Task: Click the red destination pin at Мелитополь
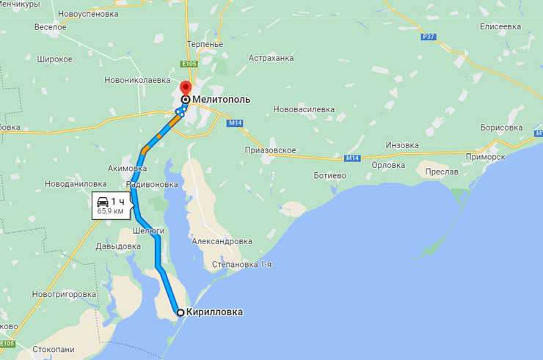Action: [x=186, y=90]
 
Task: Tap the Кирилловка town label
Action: [x=214, y=312]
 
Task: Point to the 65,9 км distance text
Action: [x=110, y=211]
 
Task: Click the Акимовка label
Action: [x=128, y=168]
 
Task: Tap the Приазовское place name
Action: [x=270, y=150]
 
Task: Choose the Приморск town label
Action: [x=486, y=157]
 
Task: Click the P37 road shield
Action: [x=429, y=37]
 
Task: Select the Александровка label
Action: [x=222, y=240]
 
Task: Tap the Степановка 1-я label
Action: [x=241, y=264]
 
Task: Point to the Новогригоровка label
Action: [x=65, y=294]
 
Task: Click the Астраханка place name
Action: [x=271, y=58]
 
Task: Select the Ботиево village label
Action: [x=329, y=176]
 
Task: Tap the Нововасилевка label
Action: [x=303, y=109]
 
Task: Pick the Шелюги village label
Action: [x=147, y=230]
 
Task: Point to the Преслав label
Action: [x=442, y=172]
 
